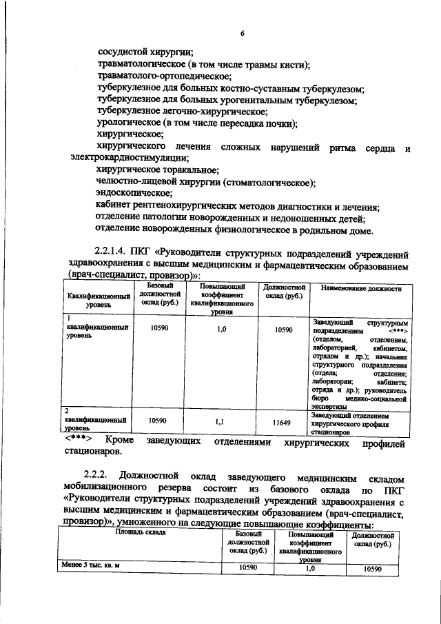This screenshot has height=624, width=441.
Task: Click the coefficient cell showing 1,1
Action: click(219, 421)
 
